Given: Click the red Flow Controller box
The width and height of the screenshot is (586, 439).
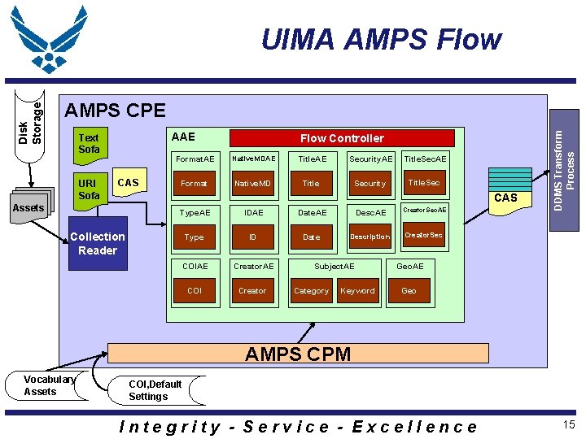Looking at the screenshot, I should [342, 138].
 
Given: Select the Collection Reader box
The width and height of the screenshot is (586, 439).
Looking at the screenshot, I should [98, 243].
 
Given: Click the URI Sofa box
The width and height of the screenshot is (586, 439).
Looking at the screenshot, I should [90, 189].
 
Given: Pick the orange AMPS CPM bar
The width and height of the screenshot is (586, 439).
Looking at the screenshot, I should [298, 353].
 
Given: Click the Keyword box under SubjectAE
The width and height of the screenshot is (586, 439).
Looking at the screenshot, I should [357, 291].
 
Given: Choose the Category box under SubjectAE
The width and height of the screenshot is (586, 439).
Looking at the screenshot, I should [311, 291].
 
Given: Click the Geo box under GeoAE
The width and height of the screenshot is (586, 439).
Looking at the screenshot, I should [409, 291].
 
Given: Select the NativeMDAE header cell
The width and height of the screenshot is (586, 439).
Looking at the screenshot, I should [252, 159].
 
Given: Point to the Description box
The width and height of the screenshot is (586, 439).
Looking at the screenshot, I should [370, 237].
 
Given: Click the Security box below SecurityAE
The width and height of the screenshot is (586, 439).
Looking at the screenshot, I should [370, 184].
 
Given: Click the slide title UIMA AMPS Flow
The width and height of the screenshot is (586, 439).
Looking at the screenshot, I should [380, 39].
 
